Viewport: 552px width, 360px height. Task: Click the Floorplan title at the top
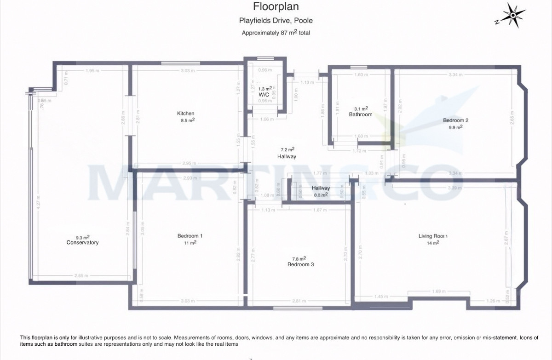[x=276, y=7]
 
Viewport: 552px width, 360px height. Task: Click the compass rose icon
[x=512, y=16]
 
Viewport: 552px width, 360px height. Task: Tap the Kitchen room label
[x=186, y=114]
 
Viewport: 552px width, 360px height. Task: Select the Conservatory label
[x=82, y=242]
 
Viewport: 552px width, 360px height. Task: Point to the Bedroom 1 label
[x=190, y=236]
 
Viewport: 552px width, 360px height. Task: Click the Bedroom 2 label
[x=455, y=120]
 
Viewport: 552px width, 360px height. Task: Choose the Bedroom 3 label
[x=300, y=264]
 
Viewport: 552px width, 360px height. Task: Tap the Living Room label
[x=432, y=236]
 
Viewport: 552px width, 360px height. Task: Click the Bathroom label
[x=360, y=114]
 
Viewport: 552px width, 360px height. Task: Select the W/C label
[x=264, y=94]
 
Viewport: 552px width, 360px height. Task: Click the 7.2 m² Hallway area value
[x=287, y=149]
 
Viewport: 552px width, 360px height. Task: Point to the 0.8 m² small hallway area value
[x=321, y=194]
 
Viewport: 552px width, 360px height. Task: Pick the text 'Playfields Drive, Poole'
[x=276, y=21]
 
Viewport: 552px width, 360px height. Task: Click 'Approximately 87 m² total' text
[x=276, y=33]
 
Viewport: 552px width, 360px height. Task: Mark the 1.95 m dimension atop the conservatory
[x=92, y=70]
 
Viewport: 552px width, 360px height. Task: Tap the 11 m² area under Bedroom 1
[x=190, y=243]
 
